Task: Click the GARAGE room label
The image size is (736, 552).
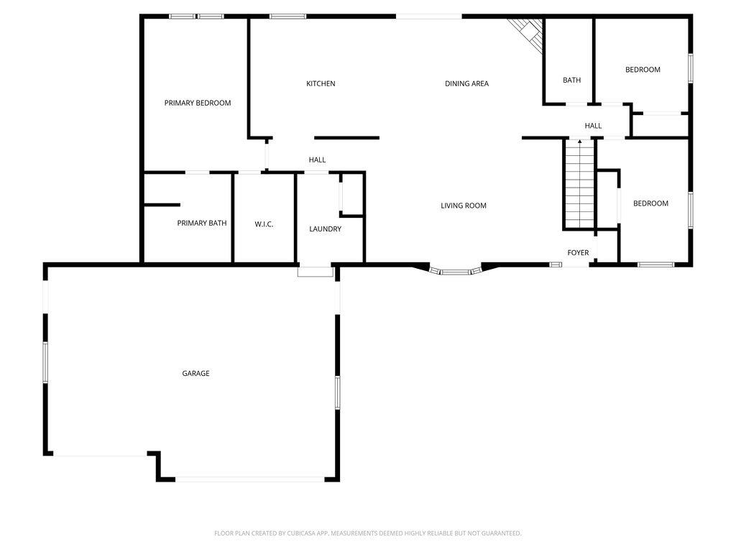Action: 195,374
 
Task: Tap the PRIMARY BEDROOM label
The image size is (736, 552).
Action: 198,103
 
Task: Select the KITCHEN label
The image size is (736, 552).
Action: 321,83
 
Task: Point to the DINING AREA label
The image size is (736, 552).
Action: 466,83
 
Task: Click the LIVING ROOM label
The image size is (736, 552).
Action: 464,206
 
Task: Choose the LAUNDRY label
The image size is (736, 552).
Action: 326,229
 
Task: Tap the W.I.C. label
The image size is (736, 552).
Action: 264,224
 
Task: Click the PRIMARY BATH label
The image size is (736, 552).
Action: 202,223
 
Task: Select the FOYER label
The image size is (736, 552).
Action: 578,252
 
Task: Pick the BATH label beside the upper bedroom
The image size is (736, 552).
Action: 571,80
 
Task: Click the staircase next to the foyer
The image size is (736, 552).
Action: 580,183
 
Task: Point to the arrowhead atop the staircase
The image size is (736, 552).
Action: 580,141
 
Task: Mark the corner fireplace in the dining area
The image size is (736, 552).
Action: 529,33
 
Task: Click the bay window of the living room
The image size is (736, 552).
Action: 455,271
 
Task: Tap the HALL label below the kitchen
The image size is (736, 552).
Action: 317,160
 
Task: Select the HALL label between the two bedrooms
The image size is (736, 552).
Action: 593,126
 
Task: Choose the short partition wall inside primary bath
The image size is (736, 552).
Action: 162,205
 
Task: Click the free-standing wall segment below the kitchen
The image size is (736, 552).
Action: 347,137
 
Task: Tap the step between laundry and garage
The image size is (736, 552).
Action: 316,272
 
